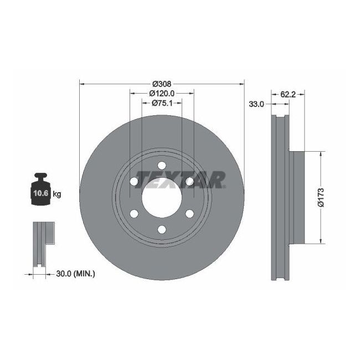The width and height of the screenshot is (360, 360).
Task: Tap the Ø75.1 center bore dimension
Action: pos(162,103)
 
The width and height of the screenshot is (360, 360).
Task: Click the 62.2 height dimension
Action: pos(287,94)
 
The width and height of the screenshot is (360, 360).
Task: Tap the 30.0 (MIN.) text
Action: pos(75,273)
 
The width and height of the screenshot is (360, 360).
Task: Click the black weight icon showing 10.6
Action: pos(40,192)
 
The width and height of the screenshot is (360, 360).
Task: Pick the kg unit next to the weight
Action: pos(56,194)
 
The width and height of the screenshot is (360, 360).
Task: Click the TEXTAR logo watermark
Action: pos(180,179)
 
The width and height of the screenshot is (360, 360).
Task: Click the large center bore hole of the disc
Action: pos(162,197)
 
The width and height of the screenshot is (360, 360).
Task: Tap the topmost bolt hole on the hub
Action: pos(162,165)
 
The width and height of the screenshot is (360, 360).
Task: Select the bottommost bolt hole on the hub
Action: pos(162,229)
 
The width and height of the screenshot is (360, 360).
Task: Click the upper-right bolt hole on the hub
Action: pos(189,181)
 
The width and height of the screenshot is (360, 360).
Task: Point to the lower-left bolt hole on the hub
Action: pos(134,213)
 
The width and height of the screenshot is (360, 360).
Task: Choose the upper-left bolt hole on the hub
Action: pos(134,181)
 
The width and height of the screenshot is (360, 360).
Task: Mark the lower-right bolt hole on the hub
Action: pos(189,213)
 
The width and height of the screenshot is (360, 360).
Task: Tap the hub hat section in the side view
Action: pos(297,197)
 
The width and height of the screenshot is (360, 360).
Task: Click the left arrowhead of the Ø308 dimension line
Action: pos(83,84)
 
